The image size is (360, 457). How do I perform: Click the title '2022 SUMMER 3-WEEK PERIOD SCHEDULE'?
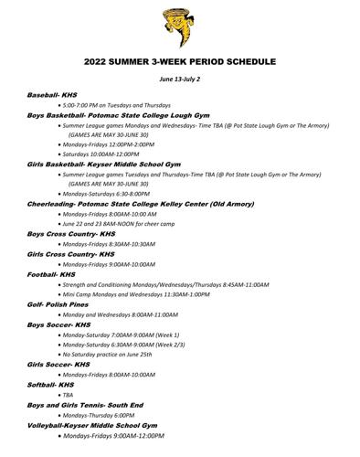(180, 63)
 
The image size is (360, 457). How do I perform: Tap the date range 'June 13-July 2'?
(180, 80)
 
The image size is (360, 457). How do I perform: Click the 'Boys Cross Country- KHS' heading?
(71, 233)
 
